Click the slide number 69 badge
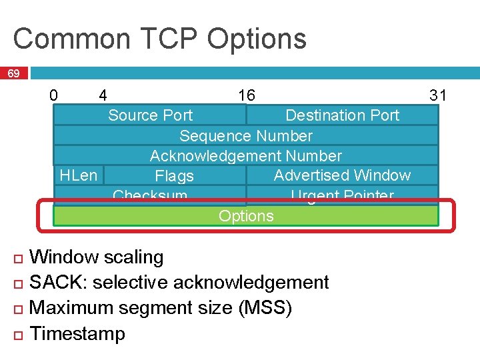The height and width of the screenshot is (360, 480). tap(13, 73)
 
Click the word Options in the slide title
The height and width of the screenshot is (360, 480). tap(257, 39)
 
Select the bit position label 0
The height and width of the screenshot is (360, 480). tap(53, 95)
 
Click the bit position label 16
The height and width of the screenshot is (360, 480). tap(247, 95)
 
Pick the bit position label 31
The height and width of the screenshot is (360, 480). tap(438, 95)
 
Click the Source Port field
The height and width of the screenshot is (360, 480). tap(150, 115)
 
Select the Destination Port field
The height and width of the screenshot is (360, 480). tap(342, 115)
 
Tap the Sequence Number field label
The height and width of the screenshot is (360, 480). tap(246, 136)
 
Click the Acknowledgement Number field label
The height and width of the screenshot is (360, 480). tap(246, 156)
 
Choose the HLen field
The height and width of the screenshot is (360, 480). tap(78, 175)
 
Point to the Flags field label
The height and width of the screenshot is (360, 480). tap(174, 176)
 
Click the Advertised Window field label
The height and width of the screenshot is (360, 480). tap(342, 175)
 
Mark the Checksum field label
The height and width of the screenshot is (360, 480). tap(150, 197)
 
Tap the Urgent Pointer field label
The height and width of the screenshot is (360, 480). tap(342, 197)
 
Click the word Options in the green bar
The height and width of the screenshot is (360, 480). tap(246, 216)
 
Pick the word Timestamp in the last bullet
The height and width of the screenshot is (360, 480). tap(78, 333)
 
